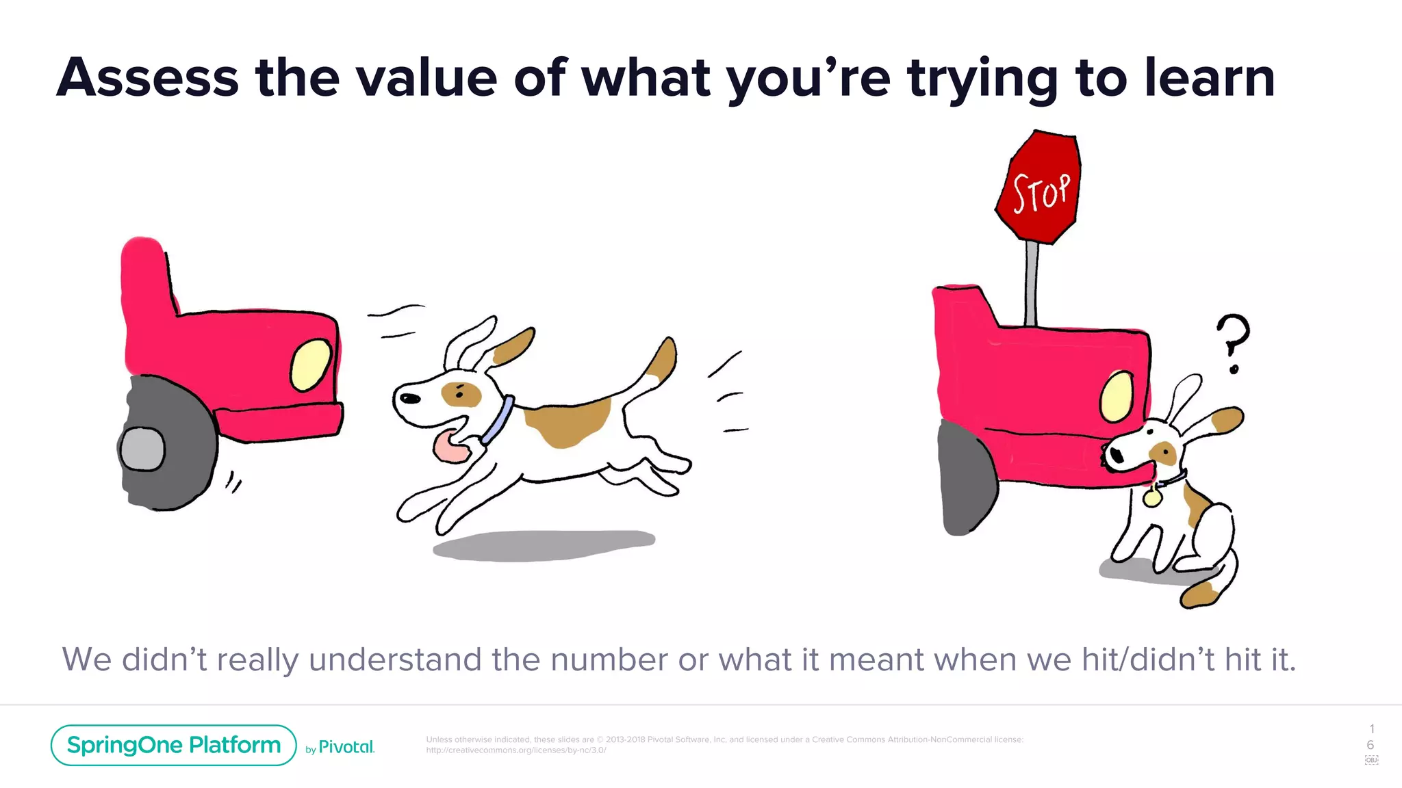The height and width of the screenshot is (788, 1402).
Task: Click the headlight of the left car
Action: tap(311, 365)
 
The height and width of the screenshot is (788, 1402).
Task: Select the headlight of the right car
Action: tap(1117, 397)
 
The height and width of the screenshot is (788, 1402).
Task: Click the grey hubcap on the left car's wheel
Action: tap(142, 449)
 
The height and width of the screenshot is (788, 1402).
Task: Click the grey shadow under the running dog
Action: tap(544, 545)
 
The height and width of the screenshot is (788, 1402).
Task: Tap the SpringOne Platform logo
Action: tap(174, 745)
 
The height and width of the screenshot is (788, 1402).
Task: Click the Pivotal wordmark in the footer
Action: tap(346, 747)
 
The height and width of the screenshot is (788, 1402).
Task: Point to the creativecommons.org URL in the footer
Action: tap(516, 750)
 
